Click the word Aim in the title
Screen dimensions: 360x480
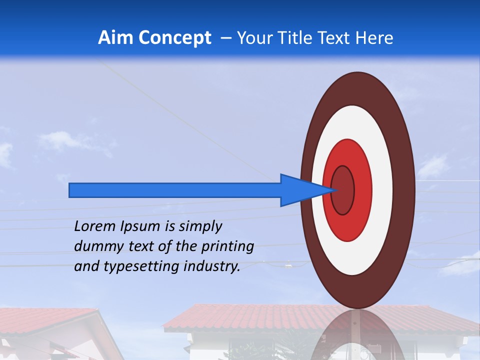click(x=115, y=37)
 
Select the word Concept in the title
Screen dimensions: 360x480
click(x=174, y=37)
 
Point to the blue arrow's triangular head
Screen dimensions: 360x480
click(x=302, y=190)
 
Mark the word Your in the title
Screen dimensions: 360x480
click(x=253, y=37)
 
